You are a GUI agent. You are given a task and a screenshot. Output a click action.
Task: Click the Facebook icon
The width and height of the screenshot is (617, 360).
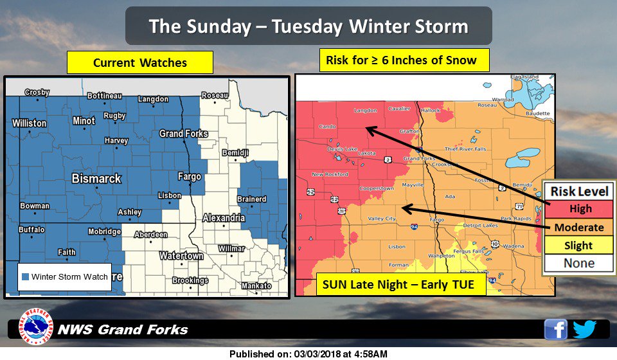556,329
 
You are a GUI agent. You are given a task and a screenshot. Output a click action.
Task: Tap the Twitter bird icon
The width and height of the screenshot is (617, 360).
585,329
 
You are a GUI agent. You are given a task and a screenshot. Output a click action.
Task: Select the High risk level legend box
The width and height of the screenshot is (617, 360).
579,209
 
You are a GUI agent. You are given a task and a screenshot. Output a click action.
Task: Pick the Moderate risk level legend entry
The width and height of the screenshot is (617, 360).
579,227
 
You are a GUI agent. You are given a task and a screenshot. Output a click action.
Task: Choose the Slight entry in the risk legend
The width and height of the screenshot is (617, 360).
579,245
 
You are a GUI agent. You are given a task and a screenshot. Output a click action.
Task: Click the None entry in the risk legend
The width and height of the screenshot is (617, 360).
579,263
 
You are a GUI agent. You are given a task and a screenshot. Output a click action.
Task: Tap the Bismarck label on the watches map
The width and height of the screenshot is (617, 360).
96,178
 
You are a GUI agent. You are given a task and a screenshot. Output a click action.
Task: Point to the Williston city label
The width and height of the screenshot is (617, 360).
29,123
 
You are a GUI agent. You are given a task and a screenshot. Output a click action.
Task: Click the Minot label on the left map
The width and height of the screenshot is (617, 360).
84,120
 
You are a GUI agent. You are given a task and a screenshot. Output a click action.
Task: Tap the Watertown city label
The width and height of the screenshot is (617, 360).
181,256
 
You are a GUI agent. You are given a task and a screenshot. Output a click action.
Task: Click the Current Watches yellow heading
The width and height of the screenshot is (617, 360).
140,62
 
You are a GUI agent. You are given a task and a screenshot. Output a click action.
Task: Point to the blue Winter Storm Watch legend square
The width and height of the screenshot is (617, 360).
24,277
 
